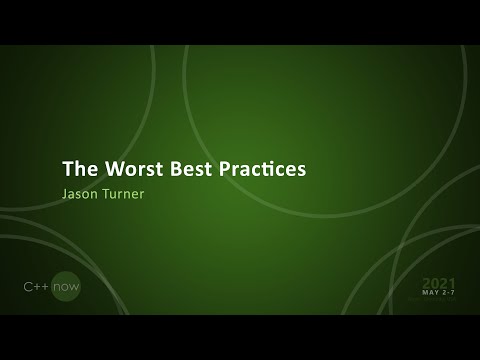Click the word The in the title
(x=79, y=168)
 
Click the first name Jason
(x=81, y=194)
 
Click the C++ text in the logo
(x=37, y=287)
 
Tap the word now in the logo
(x=66, y=287)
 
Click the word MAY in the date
(x=430, y=293)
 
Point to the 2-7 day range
(x=449, y=293)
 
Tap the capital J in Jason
(x=66, y=194)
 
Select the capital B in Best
(x=171, y=168)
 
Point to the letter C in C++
(x=27, y=287)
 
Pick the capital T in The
(x=68, y=168)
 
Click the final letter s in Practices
(x=300, y=169)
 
